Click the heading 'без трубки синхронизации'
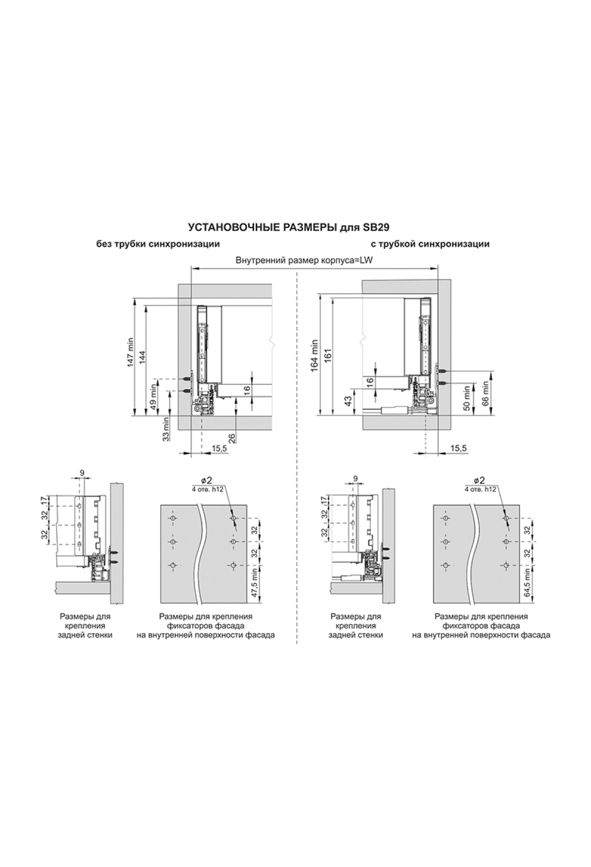tap(158, 244)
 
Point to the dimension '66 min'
tap(485, 392)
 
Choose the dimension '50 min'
tap(466, 399)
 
